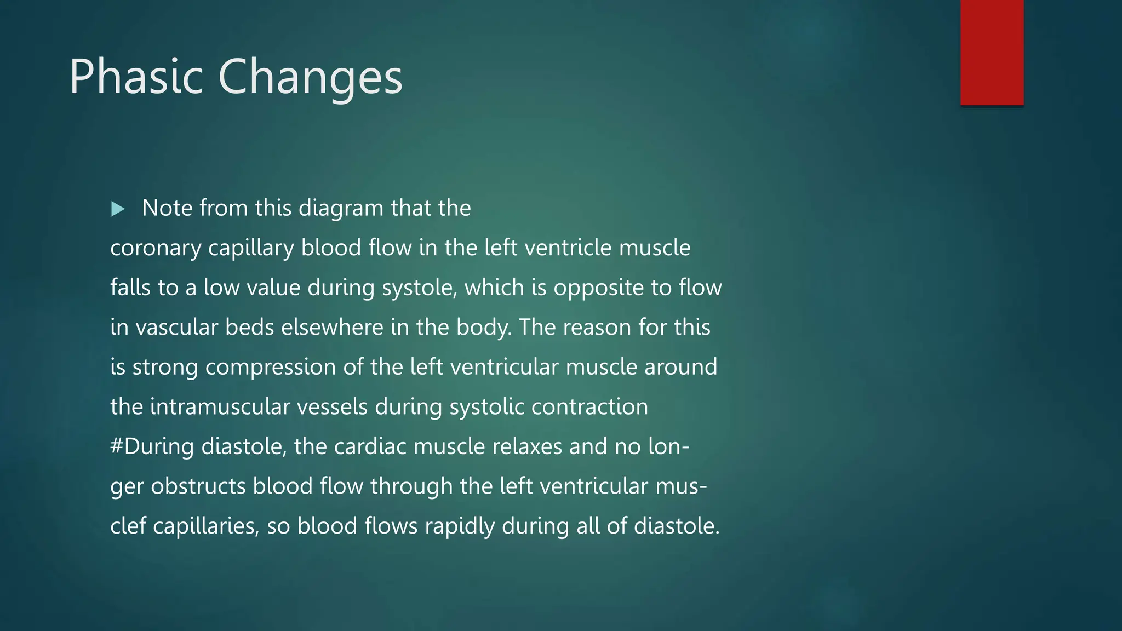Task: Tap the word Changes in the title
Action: [310, 78]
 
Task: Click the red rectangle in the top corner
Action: [992, 52]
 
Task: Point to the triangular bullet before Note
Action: [118, 209]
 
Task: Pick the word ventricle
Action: [568, 248]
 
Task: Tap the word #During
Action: [152, 447]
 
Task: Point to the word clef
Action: [128, 526]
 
